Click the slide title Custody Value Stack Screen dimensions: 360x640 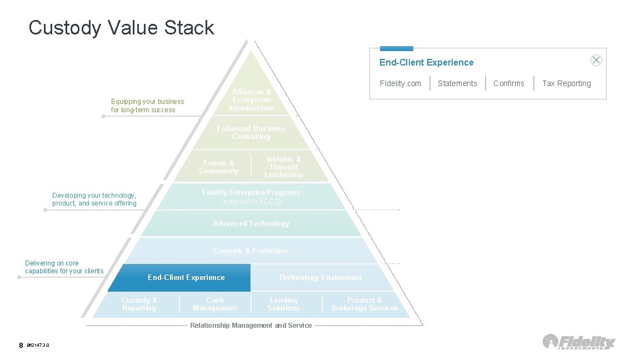point(121,27)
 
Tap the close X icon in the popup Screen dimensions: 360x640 point(596,60)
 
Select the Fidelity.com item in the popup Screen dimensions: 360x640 point(400,83)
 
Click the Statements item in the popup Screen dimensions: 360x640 point(457,83)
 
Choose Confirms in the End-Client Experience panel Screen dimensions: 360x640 point(508,83)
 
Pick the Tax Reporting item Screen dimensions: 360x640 point(566,83)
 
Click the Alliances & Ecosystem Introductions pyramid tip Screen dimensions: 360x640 point(252,100)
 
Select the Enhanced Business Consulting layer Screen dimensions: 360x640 point(251,132)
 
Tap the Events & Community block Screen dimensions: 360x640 point(218,167)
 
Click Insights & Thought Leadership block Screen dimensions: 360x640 point(283,167)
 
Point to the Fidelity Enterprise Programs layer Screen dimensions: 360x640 point(251,197)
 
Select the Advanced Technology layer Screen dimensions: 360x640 point(251,223)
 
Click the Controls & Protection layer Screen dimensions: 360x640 point(251,251)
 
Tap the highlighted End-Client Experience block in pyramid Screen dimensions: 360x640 point(186,277)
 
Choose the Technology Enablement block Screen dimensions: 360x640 point(319,277)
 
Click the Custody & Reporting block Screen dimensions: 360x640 point(139,304)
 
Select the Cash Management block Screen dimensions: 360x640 point(214,304)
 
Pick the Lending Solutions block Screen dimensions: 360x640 point(283,304)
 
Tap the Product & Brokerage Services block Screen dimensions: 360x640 point(364,304)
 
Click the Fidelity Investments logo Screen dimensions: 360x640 point(579,342)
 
